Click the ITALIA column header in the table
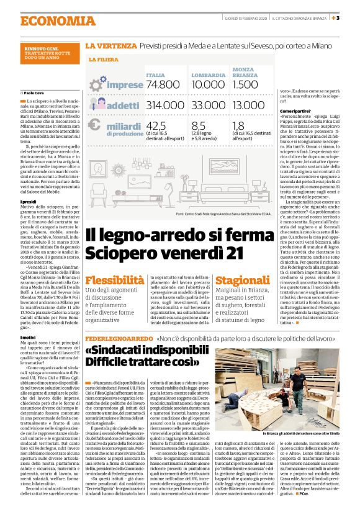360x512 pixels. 155,74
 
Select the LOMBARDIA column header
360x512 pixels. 208,74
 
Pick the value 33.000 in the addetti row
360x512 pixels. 209,106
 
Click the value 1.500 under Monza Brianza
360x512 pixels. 246,84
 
